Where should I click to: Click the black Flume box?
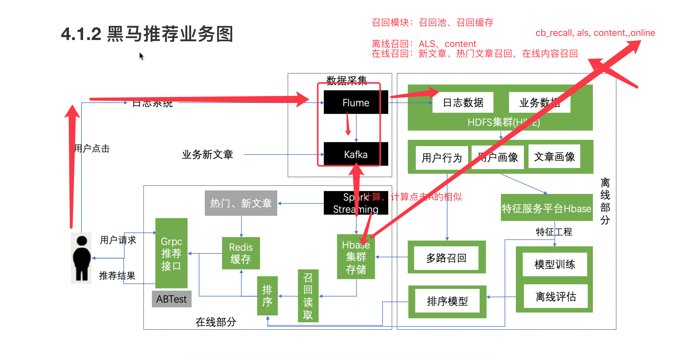pos(355,103)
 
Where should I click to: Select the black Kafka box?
pos(355,154)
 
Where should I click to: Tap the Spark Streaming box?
pos(355,203)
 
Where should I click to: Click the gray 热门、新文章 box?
pos(241,203)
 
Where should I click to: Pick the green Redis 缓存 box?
pos(241,253)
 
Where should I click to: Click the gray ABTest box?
pos(171,299)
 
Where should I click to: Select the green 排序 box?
pos(267,296)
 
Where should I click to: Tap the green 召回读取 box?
pos(308,296)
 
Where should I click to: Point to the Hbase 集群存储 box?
pos(356,257)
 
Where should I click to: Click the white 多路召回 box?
pos(446,258)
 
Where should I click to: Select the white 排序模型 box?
pos(447,301)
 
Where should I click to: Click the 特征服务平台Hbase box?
pos(546,208)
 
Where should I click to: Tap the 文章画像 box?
pos(554,157)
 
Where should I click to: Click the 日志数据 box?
pos(463,103)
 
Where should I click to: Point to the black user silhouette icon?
pos(81,258)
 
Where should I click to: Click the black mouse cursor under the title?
pos(141,56)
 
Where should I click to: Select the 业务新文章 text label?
pos(207,155)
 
